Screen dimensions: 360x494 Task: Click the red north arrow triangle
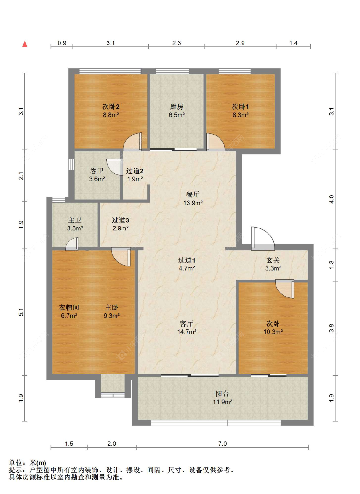25,44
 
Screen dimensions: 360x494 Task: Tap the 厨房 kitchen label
176,106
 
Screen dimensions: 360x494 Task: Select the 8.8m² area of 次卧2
111,115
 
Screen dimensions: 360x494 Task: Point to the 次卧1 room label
240,106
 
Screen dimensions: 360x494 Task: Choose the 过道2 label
135,171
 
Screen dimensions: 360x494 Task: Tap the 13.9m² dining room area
193,203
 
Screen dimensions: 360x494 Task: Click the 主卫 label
75,220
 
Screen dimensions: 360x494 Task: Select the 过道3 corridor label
120,220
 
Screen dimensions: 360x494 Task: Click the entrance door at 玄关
263,238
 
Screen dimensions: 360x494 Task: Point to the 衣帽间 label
69,307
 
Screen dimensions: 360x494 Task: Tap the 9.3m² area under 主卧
112,316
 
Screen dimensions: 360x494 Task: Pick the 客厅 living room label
187,323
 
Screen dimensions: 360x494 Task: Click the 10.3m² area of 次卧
273,332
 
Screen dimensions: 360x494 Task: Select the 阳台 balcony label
222,394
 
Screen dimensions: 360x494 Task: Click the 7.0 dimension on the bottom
222,444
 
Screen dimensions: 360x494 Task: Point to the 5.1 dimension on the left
21,312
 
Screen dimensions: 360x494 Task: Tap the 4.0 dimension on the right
332,199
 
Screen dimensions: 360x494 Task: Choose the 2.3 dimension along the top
177,43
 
